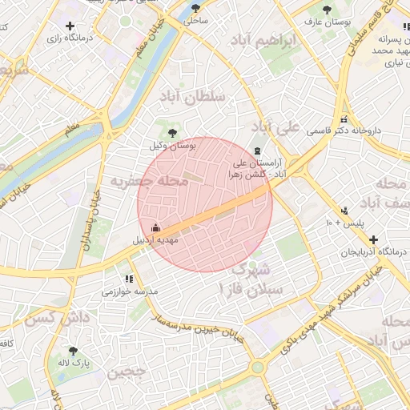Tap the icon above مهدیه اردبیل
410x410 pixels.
pos(155,227)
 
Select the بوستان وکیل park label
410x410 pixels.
pos(172,147)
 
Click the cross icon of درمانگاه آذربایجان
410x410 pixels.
pos(373,239)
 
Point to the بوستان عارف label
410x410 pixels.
pos(328,22)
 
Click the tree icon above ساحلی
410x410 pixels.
pos(196,9)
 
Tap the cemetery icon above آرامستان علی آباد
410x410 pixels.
pos(257,151)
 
